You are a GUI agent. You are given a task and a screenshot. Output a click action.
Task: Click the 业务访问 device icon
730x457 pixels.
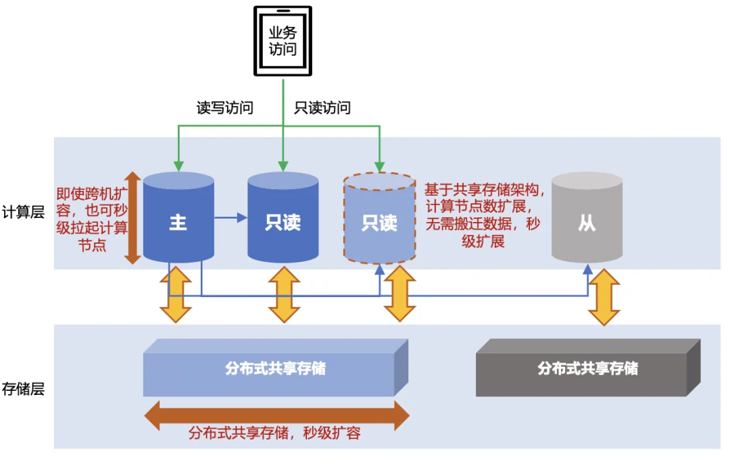pos(283,41)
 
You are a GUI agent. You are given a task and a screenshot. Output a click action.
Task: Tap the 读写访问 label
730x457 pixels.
pos(225,108)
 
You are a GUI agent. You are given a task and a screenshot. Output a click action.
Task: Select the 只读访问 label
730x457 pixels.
pos(322,108)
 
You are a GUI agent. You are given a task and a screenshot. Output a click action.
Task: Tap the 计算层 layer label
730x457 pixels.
pos(23,212)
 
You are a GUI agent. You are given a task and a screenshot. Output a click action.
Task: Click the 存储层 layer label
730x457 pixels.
pos(23,389)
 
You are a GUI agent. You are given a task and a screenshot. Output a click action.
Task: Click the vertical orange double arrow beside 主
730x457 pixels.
pos(133,217)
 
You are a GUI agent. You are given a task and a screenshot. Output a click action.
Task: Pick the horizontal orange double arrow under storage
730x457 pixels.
pos(276,415)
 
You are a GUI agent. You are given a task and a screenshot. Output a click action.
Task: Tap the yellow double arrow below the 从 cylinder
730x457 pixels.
pos(604,298)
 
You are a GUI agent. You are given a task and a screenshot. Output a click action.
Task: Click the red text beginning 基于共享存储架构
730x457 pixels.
pos(483,215)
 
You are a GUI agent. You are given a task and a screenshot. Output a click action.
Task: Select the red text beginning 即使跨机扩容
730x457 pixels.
pos(92,218)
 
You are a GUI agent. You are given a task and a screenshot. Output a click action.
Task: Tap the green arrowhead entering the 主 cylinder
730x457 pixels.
pos(178,165)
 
